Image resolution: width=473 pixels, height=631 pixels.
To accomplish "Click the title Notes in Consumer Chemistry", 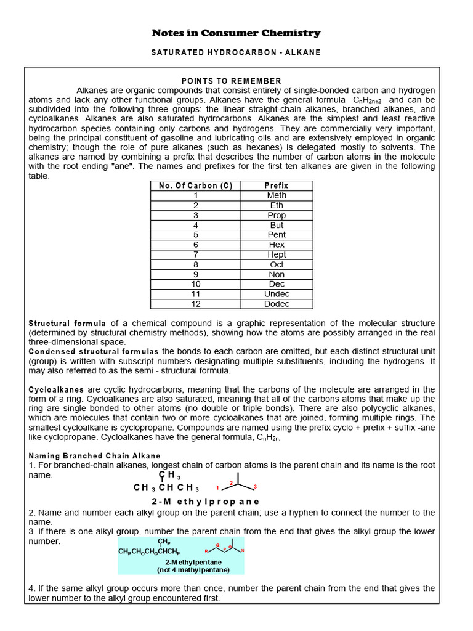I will pos(236,33).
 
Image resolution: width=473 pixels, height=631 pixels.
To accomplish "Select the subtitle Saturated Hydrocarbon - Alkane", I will pos(236,52).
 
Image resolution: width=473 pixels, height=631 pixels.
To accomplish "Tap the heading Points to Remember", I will pos(231,81).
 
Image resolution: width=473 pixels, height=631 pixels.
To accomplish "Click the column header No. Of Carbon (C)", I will pos(195,185).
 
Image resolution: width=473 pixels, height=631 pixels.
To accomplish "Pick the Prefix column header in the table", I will pos(277,185).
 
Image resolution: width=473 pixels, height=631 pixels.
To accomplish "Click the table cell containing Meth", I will pos(277,195).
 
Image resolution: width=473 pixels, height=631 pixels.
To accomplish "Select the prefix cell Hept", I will pos(277,254).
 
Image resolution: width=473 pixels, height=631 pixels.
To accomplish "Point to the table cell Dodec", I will pos(277,304).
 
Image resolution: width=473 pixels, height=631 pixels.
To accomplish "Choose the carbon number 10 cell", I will pos(195,284).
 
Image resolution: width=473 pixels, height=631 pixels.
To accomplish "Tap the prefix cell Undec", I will pos(277,294).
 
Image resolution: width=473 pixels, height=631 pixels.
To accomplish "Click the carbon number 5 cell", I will pos(195,235).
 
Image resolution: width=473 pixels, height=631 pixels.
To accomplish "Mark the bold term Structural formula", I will pos(68,323).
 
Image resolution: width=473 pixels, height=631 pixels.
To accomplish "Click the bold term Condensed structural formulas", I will pos(94,351).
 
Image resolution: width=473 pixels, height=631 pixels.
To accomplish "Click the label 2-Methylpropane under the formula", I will pos(205,501).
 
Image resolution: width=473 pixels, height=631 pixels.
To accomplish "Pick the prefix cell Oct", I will pos(277,264).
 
